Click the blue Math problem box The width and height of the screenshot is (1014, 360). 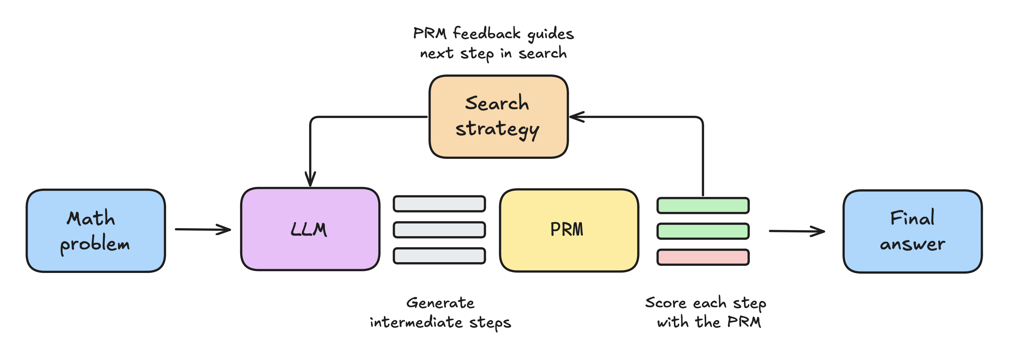[x=96, y=231]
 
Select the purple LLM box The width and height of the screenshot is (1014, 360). [x=310, y=229]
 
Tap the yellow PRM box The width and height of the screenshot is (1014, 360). [x=569, y=230]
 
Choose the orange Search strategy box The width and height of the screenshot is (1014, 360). [x=498, y=117]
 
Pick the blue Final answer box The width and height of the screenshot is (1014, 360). [x=912, y=231]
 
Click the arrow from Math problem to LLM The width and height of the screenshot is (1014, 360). [x=203, y=229]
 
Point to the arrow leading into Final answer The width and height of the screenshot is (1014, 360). [x=797, y=231]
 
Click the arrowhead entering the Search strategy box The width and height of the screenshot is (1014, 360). [x=576, y=117]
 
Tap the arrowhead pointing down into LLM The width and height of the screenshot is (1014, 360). [x=310, y=179]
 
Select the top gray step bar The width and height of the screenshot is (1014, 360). [x=439, y=204]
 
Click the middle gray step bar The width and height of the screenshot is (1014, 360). [x=439, y=230]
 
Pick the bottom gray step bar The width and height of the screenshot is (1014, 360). [x=439, y=256]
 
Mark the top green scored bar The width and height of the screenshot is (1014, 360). [x=703, y=206]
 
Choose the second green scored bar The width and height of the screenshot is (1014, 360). [x=703, y=231]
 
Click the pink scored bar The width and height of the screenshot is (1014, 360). [x=703, y=257]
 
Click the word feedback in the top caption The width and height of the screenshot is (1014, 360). [x=487, y=33]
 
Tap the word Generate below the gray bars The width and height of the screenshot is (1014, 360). [x=440, y=303]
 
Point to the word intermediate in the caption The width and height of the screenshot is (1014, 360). [x=416, y=322]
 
